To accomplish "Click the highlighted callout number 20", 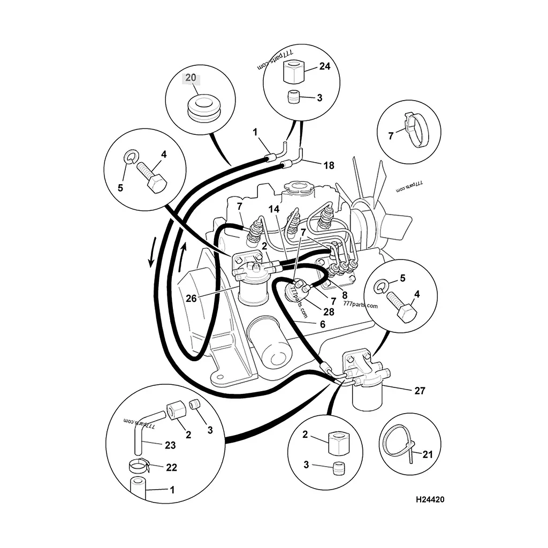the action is pyautogui.click(x=191, y=78).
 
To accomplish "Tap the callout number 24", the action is pyautogui.click(x=325, y=66).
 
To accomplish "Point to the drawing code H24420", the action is pyautogui.click(x=430, y=500).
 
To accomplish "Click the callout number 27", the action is pyautogui.click(x=420, y=390).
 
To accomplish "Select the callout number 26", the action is pyautogui.click(x=191, y=299).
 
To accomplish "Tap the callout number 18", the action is pyautogui.click(x=329, y=165).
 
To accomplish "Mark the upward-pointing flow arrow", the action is pyautogui.click(x=182, y=257).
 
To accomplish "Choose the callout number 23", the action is pyautogui.click(x=170, y=445).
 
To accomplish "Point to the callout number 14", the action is pyautogui.click(x=274, y=209).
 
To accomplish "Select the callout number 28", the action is pyautogui.click(x=329, y=311).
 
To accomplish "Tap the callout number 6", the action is pyautogui.click(x=323, y=324).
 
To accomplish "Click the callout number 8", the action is pyautogui.click(x=345, y=295).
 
